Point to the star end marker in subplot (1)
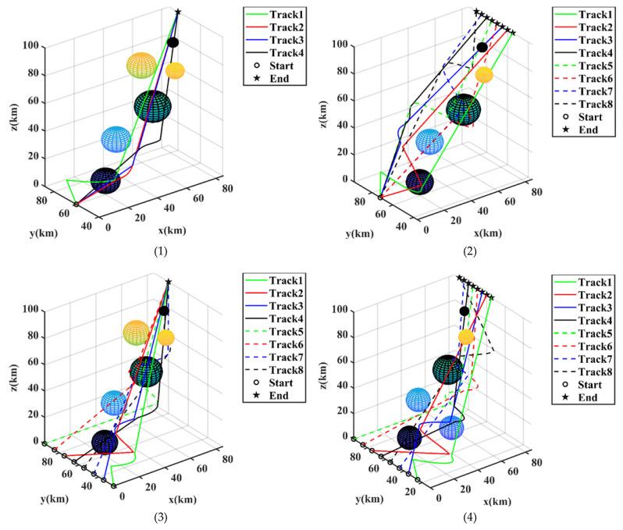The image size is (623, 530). click(x=178, y=12)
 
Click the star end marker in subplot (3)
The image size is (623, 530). click(x=169, y=282)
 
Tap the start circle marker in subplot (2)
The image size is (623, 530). click(x=380, y=197)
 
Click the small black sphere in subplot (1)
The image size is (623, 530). click(x=173, y=43)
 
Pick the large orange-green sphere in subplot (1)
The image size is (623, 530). click(x=141, y=66)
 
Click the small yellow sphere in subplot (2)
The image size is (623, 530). click(x=484, y=75)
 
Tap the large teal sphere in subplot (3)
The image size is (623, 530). click(x=145, y=371)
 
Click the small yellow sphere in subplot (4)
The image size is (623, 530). click(x=466, y=336)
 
